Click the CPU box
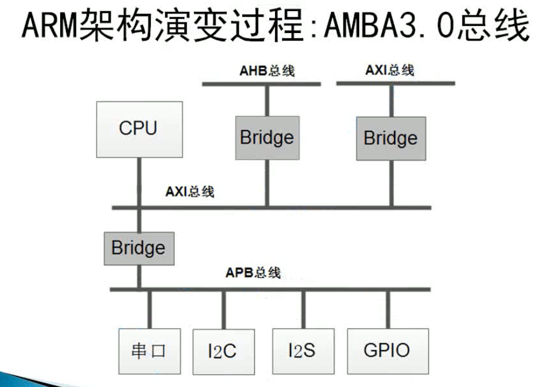tap(139, 129)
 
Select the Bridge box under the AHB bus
tap(267, 137)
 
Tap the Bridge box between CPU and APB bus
tap(138, 247)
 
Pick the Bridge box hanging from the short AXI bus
tap(391, 138)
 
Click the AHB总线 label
tap(267, 71)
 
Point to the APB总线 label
tap(253, 273)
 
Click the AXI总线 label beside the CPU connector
tap(190, 191)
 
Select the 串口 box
tap(148, 351)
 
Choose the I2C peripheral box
tap(223, 352)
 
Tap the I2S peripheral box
tap(303, 350)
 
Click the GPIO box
tap(387, 350)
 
